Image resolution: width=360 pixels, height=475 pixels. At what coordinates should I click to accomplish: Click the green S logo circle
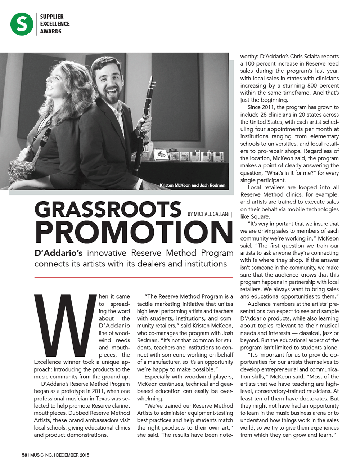click(x=22, y=24)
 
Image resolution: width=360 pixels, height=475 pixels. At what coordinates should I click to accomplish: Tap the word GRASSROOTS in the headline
click(x=108, y=210)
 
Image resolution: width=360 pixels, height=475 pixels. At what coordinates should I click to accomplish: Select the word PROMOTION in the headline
click(x=134, y=232)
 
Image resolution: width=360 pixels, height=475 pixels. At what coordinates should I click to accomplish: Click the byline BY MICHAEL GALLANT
click(x=208, y=214)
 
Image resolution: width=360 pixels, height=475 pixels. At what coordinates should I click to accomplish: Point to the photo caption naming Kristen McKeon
click(x=192, y=185)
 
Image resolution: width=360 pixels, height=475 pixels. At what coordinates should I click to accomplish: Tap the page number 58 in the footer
click(x=24, y=455)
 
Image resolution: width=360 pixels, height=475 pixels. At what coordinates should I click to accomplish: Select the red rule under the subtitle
click(x=134, y=278)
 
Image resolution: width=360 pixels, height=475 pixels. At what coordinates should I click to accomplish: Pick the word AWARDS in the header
click(x=51, y=31)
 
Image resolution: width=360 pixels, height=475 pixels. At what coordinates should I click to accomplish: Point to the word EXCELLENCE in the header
click(x=55, y=24)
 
